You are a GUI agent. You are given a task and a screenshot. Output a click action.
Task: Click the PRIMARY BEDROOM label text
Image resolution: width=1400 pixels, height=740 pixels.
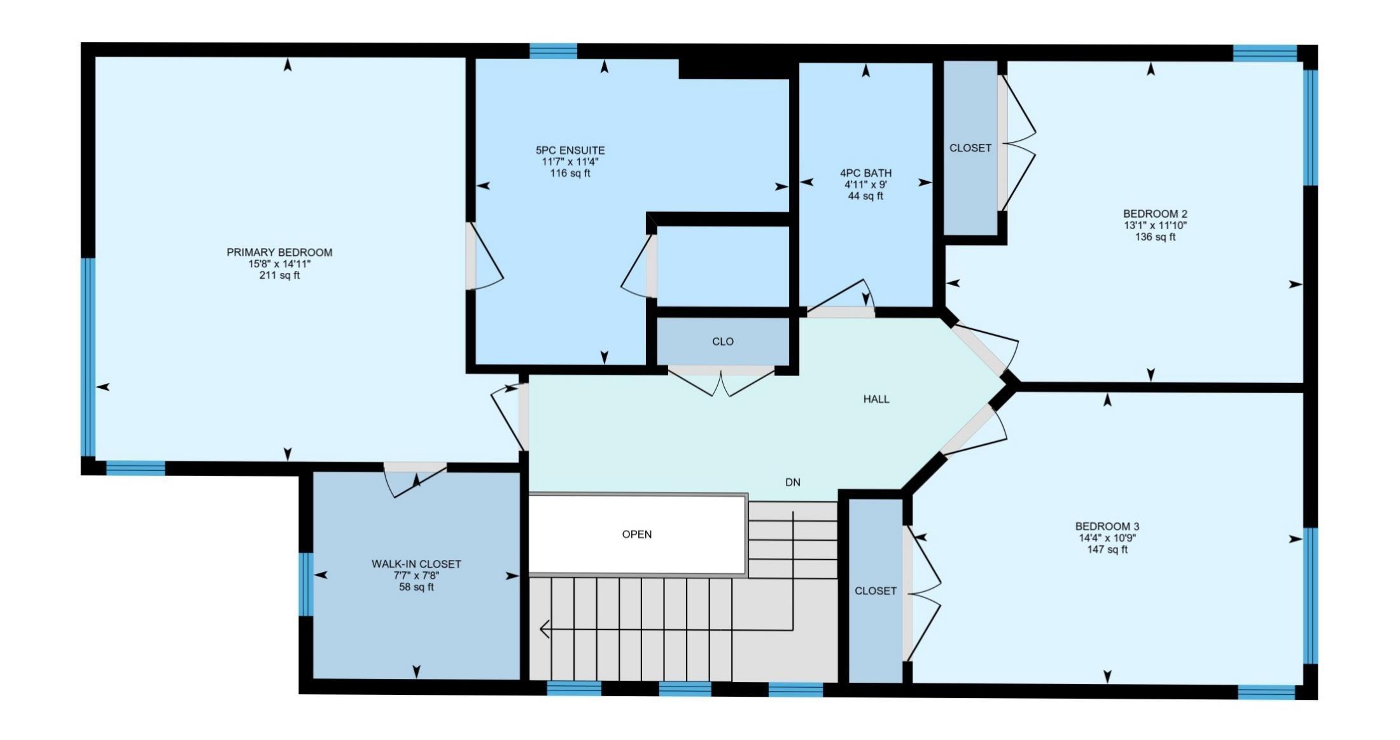279,253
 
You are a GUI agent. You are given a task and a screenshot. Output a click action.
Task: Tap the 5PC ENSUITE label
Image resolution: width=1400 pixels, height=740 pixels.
570,151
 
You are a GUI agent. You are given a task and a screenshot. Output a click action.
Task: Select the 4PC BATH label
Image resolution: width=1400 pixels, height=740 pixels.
865,173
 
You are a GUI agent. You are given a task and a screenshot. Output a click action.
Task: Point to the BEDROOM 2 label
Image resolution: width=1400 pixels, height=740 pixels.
1155,214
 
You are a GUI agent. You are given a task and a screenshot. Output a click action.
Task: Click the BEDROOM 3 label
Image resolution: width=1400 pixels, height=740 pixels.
1107,527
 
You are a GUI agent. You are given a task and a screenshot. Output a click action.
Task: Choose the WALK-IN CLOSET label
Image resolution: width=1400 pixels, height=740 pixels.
416,564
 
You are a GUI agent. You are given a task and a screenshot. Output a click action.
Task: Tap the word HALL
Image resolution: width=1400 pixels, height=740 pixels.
876,400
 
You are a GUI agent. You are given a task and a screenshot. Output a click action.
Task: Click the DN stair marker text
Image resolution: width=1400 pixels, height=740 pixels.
793,483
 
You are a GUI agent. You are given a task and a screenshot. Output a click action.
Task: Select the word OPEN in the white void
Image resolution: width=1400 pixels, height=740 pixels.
637,534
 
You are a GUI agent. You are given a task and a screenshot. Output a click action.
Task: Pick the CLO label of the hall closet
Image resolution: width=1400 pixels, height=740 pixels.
723,342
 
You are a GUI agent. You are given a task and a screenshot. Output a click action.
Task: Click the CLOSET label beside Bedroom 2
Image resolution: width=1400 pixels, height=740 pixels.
970,148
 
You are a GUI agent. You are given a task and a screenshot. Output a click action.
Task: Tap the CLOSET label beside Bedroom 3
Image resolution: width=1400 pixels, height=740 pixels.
876,591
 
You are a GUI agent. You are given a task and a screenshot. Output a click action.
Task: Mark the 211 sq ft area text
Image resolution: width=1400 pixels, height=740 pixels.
279,276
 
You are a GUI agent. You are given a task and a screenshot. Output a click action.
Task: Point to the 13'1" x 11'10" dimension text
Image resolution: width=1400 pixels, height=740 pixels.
1155,226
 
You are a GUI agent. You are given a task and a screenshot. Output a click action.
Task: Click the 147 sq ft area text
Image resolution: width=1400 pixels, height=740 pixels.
1107,550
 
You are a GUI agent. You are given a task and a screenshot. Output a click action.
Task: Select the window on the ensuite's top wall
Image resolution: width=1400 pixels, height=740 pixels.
554,51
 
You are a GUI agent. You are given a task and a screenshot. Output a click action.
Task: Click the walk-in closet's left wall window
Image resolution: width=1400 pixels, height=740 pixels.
306,584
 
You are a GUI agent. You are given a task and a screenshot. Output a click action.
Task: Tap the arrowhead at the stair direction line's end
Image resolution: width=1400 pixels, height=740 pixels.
544,630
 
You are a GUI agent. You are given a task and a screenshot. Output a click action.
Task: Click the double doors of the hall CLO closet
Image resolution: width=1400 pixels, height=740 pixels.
721,380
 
